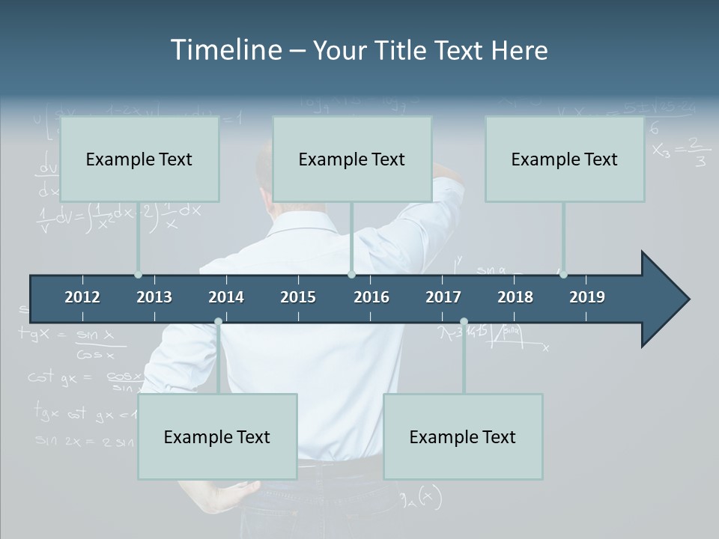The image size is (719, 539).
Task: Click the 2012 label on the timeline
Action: point(82,297)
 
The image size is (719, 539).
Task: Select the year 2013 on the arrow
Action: point(154,297)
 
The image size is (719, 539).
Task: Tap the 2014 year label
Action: point(226,297)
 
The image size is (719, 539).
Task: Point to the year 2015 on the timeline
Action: point(298,297)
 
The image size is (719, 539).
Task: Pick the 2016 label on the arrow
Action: point(371,297)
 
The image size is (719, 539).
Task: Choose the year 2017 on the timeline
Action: point(443,297)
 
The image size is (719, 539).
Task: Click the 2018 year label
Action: point(515,297)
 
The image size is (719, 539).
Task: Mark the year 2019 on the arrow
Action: point(587,297)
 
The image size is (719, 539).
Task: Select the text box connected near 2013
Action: point(139,159)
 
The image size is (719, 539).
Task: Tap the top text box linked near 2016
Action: point(352,159)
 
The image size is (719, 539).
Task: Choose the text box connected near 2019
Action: point(565,159)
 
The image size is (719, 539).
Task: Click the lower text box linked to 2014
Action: point(217,436)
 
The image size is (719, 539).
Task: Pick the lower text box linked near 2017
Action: point(463,436)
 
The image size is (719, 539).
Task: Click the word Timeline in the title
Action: point(225,49)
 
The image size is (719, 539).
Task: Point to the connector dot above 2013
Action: point(138,275)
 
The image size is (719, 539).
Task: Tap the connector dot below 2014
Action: point(218,322)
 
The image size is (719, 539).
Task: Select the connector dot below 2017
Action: point(464,322)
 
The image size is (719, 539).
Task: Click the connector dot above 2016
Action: point(351,275)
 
